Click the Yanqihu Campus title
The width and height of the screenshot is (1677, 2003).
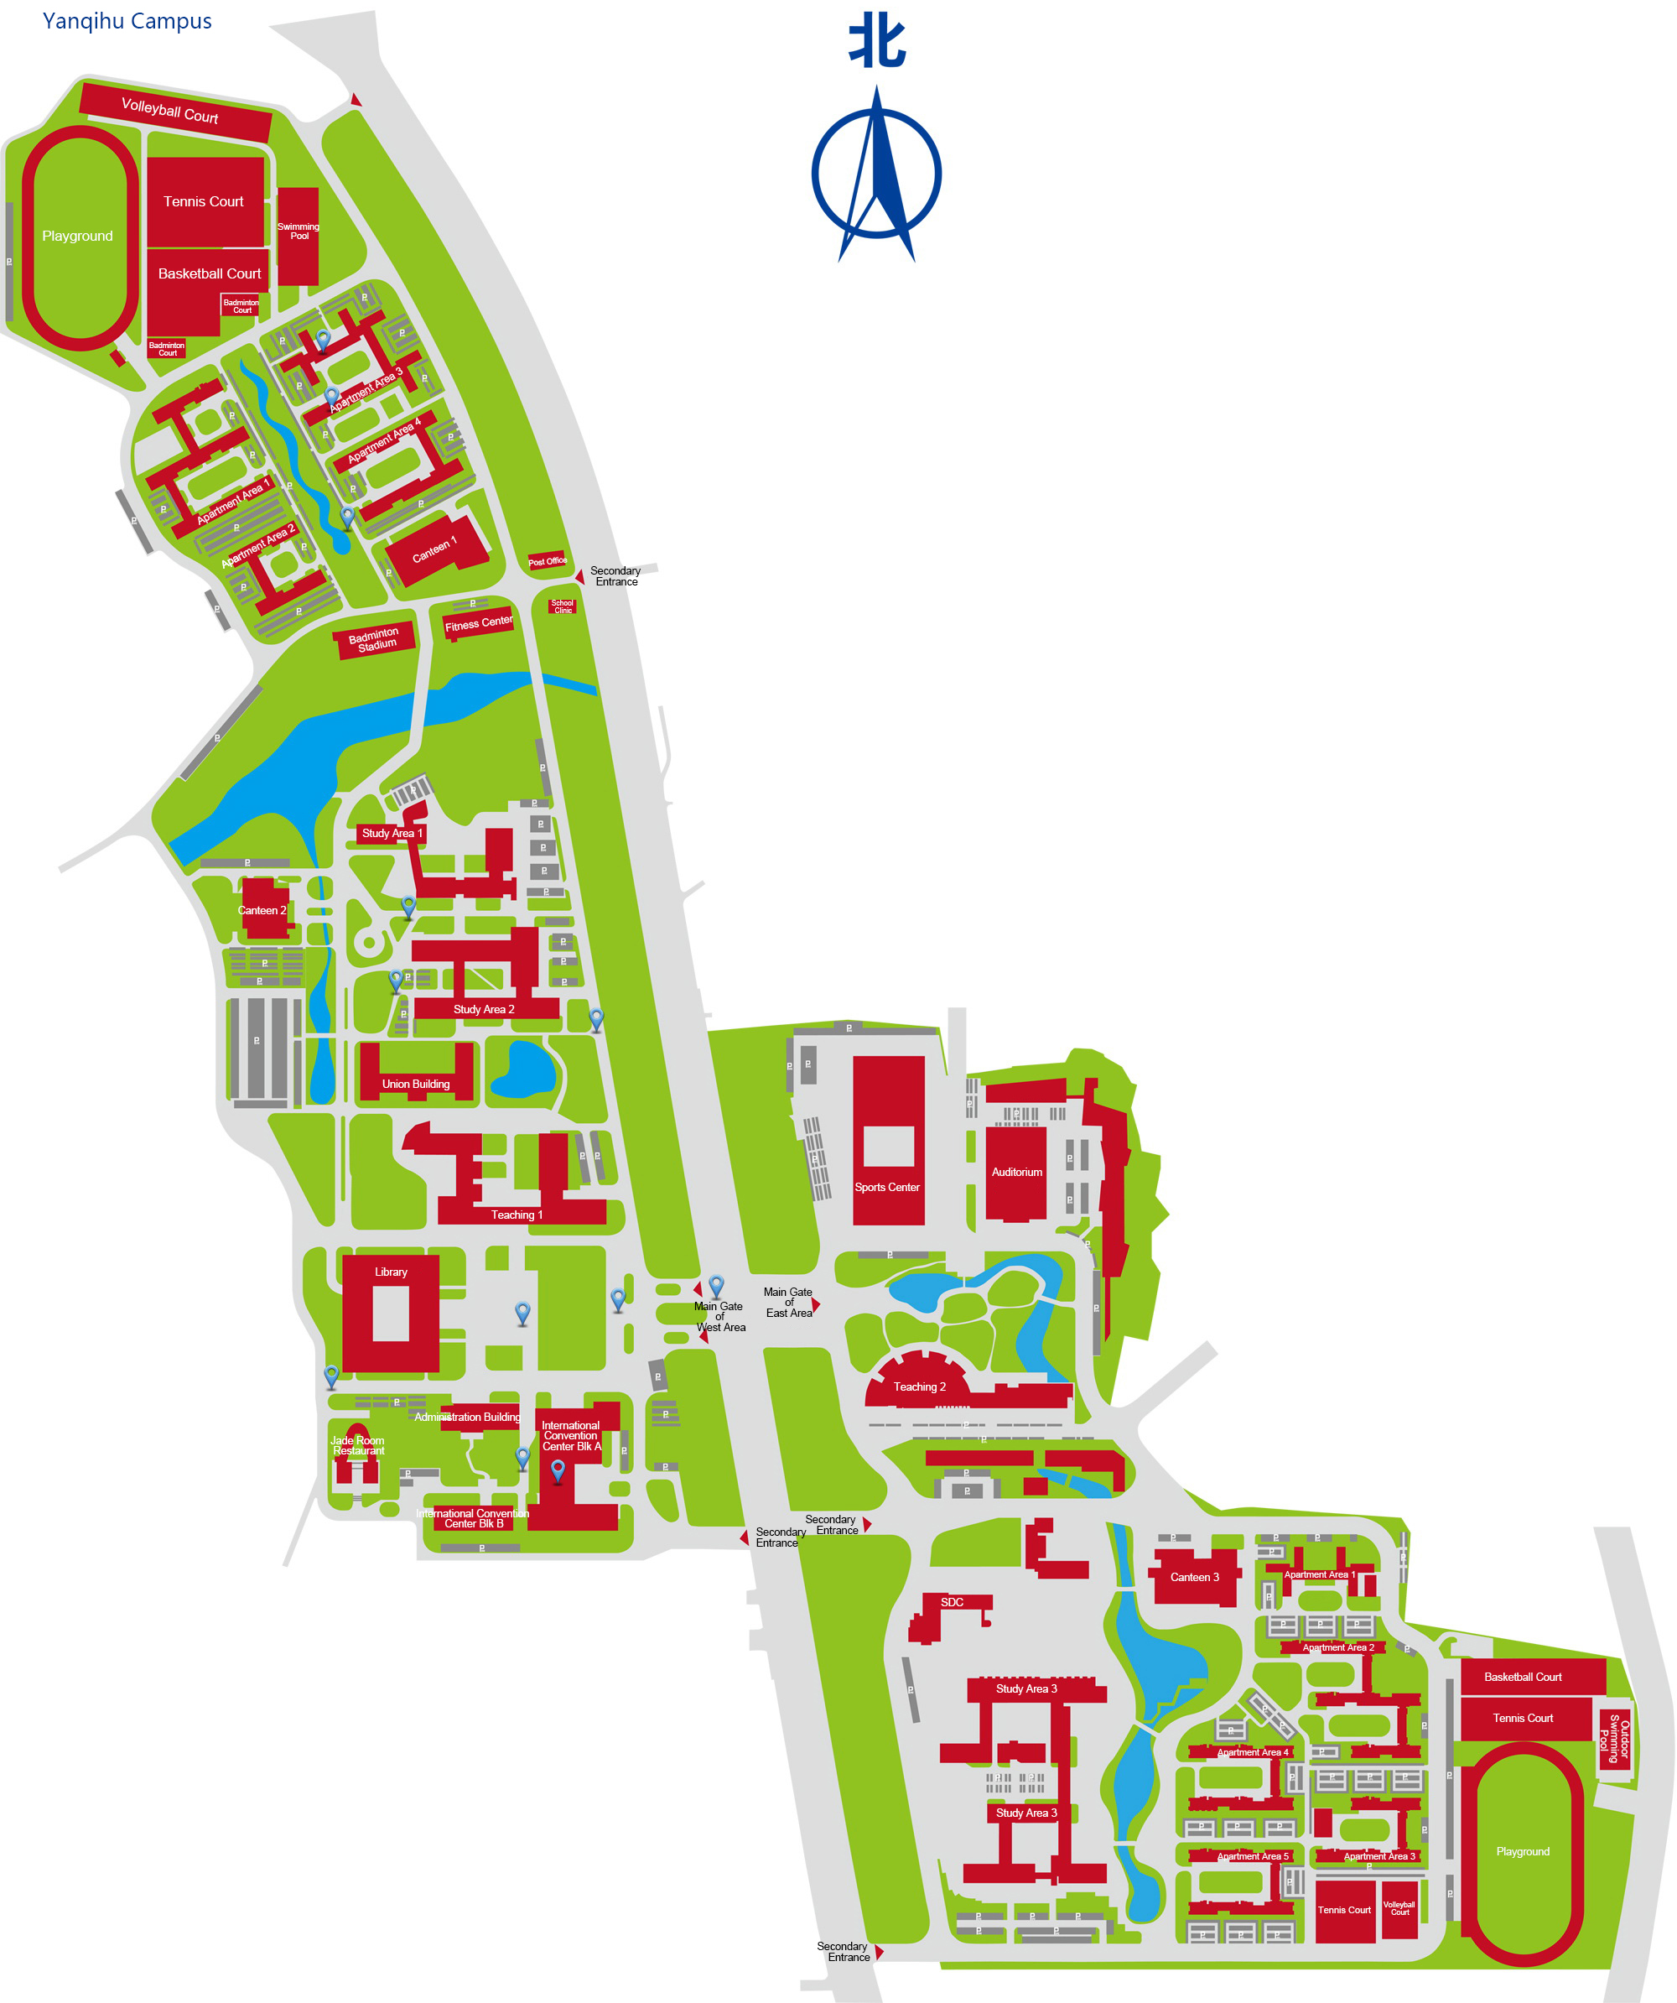(127, 21)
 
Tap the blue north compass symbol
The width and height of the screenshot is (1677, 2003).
(876, 174)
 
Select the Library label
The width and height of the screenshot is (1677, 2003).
(391, 1272)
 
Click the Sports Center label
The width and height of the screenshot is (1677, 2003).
(886, 1188)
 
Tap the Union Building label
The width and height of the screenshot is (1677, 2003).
(416, 1084)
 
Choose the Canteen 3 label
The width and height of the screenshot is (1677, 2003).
(1195, 1577)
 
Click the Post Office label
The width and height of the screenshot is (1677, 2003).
(548, 561)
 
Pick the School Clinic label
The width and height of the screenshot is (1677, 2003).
(563, 606)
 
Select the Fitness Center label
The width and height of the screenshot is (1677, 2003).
(479, 623)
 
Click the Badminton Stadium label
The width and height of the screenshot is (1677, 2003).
(375, 639)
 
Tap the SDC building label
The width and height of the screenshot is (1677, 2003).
(952, 1601)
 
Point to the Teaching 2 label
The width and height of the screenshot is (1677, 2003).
(919, 1386)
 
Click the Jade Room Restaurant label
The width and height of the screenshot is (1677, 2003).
(357, 1445)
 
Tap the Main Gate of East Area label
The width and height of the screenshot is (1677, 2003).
(788, 1302)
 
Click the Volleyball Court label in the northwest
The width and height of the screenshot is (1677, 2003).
(169, 111)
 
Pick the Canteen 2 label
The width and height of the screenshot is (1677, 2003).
(262, 910)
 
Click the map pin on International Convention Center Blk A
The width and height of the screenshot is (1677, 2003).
(558, 1470)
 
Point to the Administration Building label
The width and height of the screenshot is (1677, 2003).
(467, 1417)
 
